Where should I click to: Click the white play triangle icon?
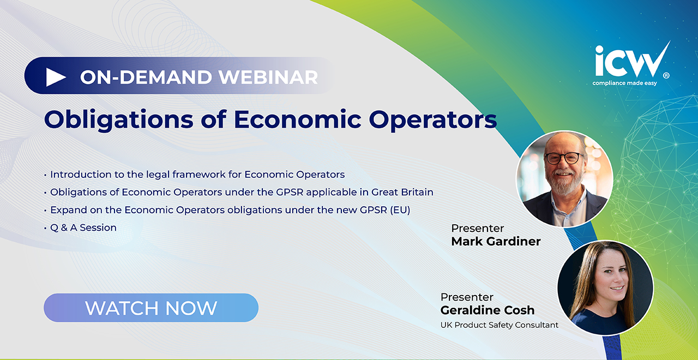(x=56, y=77)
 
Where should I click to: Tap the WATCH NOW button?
(x=151, y=308)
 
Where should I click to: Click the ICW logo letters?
(x=631, y=60)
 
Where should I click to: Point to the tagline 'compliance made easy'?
(x=624, y=83)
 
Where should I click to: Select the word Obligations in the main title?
(x=119, y=120)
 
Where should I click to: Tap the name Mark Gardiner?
(x=496, y=241)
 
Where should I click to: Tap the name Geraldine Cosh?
(x=488, y=310)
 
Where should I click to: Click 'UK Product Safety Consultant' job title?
(x=499, y=325)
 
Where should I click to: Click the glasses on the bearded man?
(x=564, y=158)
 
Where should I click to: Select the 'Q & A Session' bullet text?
(x=83, y=228)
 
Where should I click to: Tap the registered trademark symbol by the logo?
(x=666, y=75)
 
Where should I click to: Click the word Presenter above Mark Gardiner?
(x=477, y=229)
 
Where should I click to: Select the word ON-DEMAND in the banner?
(x=146, y=77)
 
